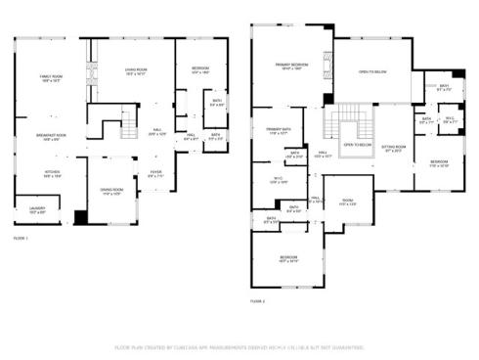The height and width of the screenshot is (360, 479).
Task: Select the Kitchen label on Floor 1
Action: (x=51, y=172)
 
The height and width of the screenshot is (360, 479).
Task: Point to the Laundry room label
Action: (x=37, y=209)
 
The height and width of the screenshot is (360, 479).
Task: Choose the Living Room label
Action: (x=135, y=70)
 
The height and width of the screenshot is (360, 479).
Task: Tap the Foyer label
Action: (x=155, y=173)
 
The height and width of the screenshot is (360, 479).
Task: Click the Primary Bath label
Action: (x=444, y=87)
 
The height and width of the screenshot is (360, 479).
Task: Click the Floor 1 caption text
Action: (x=21, y=238)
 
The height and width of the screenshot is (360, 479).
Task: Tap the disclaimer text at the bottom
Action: (x=240, y=347)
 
